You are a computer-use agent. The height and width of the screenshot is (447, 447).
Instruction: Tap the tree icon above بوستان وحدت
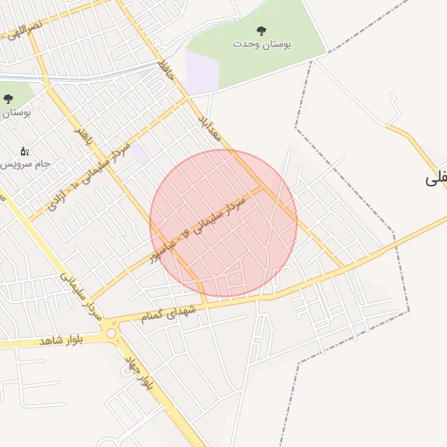(260, 31)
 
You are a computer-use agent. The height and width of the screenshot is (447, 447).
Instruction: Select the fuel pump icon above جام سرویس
(24, 151)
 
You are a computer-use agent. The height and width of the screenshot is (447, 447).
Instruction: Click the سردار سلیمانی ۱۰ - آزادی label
(87, 175)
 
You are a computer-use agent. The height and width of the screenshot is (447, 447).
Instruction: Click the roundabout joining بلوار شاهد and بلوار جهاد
(111, 330)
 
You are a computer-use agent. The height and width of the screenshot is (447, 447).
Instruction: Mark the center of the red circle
(223, 223)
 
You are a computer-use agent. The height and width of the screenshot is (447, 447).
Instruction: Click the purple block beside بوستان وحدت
(200, 70)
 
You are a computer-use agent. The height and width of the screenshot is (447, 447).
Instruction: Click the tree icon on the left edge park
(9, 100)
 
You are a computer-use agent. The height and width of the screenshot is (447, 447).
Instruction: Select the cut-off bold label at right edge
(436, 178)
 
